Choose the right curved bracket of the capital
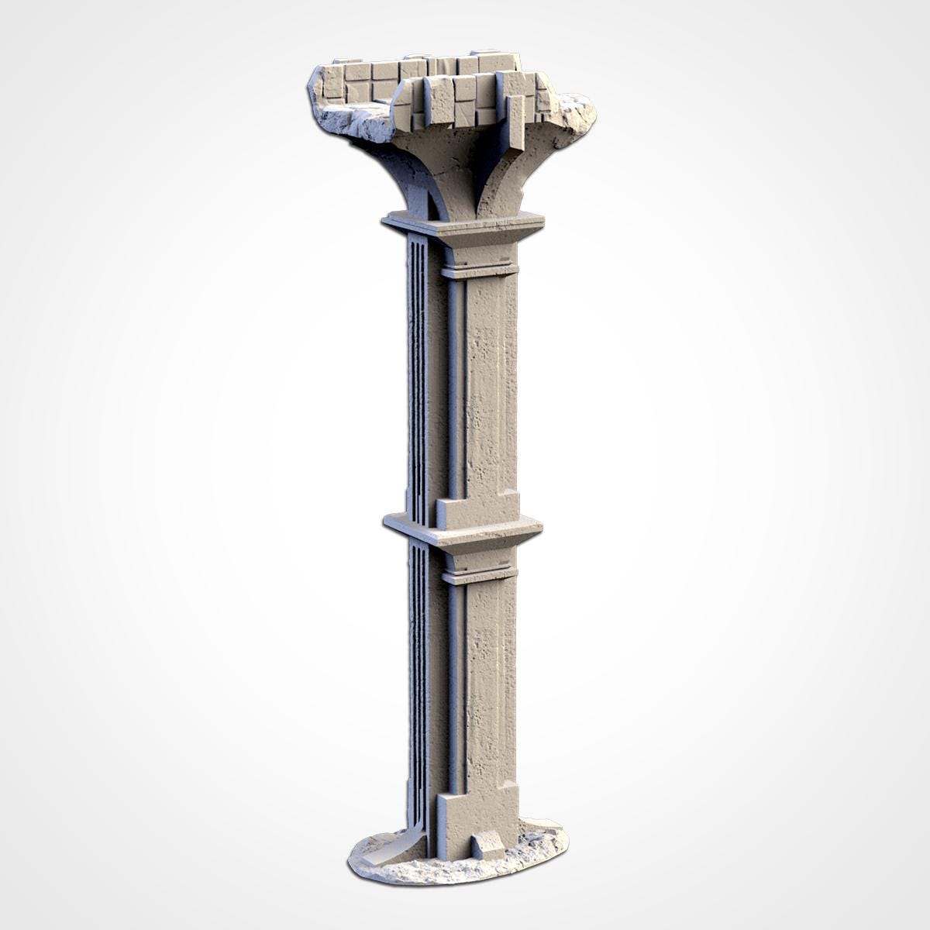[x=504, y=174]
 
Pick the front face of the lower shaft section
[x=488, y=682]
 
